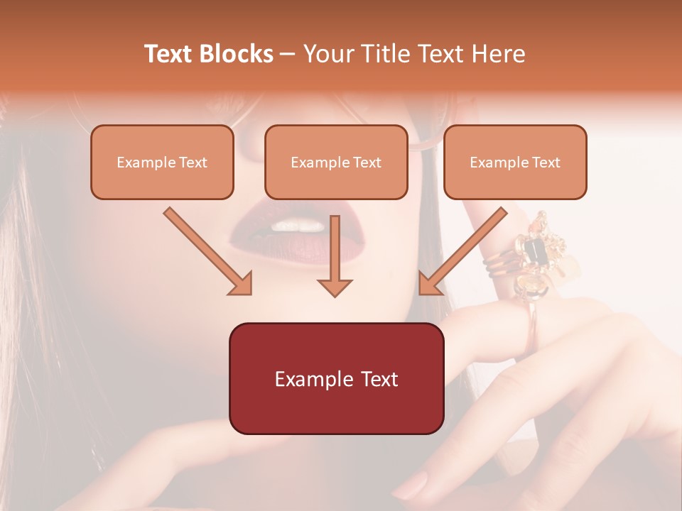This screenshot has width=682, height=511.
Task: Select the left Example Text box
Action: (162, 162)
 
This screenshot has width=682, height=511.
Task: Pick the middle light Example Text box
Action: (336, 162)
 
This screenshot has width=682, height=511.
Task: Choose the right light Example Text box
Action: (515, 162)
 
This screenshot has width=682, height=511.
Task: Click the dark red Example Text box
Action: (336, 378)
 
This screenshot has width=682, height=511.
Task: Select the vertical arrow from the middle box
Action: (335, 255)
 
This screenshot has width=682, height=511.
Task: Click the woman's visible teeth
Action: (298, 226)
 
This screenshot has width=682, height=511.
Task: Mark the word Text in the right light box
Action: (546, 162)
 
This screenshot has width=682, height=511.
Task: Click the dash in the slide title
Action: (288, 55)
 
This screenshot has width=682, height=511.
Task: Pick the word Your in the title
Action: (327, 54)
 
